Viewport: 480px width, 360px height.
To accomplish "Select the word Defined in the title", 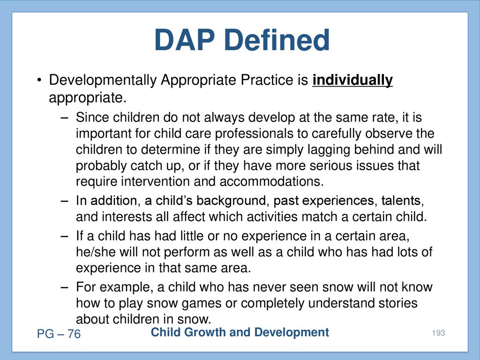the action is [x=277, y=40].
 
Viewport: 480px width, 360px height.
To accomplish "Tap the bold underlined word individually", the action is [x=352, y=81].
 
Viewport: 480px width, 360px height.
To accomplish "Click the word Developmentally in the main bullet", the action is [x=103, y=81].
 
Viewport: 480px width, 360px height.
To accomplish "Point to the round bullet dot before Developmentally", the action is [x=39, y=81].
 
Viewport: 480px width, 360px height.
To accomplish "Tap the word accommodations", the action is [x=271, y=181].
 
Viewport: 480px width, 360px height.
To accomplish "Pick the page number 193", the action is [x=438, y=333].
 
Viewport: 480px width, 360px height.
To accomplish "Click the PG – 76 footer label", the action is [x=59, y=334].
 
